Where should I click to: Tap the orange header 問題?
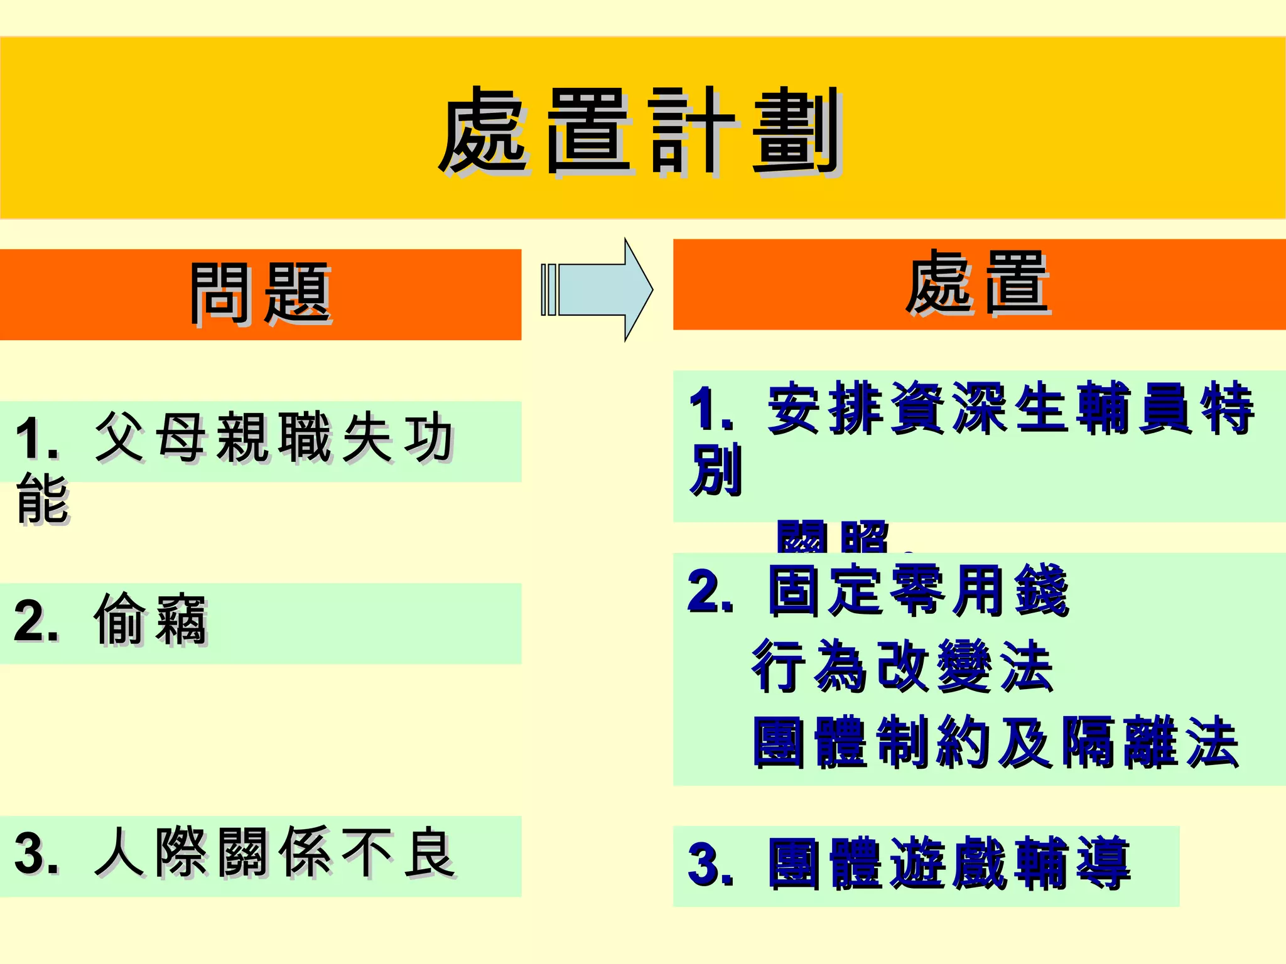click(x=261, y=294)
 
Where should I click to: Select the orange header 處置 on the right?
click(x=978, y=283)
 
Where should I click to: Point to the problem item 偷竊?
click(x=151, y=620)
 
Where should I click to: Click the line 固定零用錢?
click(x=917, y=591)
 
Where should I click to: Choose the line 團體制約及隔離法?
click(x=995, y=742)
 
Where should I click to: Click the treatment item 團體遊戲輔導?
click(x=948, y=864)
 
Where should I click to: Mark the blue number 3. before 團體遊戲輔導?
click(x=710, y=865)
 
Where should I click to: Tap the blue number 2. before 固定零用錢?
click(x=710, y=591)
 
